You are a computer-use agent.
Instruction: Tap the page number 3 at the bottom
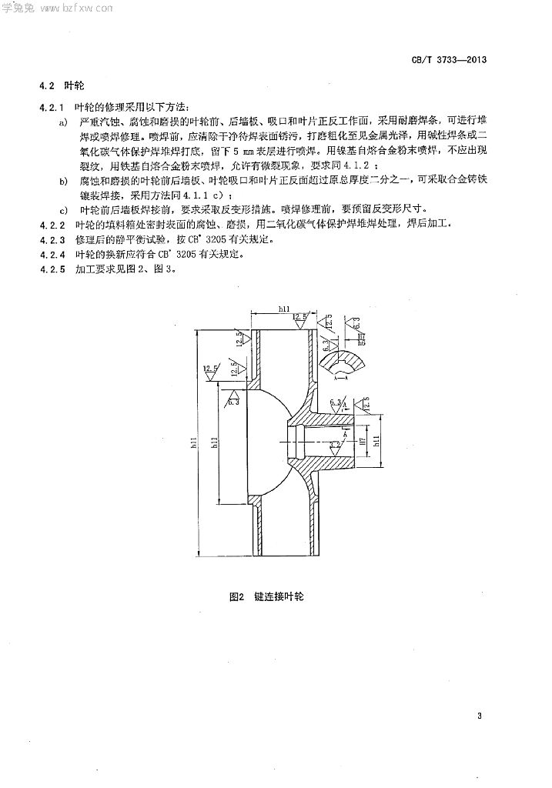pos(479,717)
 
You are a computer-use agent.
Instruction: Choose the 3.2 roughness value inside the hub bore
pos(335,444)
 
